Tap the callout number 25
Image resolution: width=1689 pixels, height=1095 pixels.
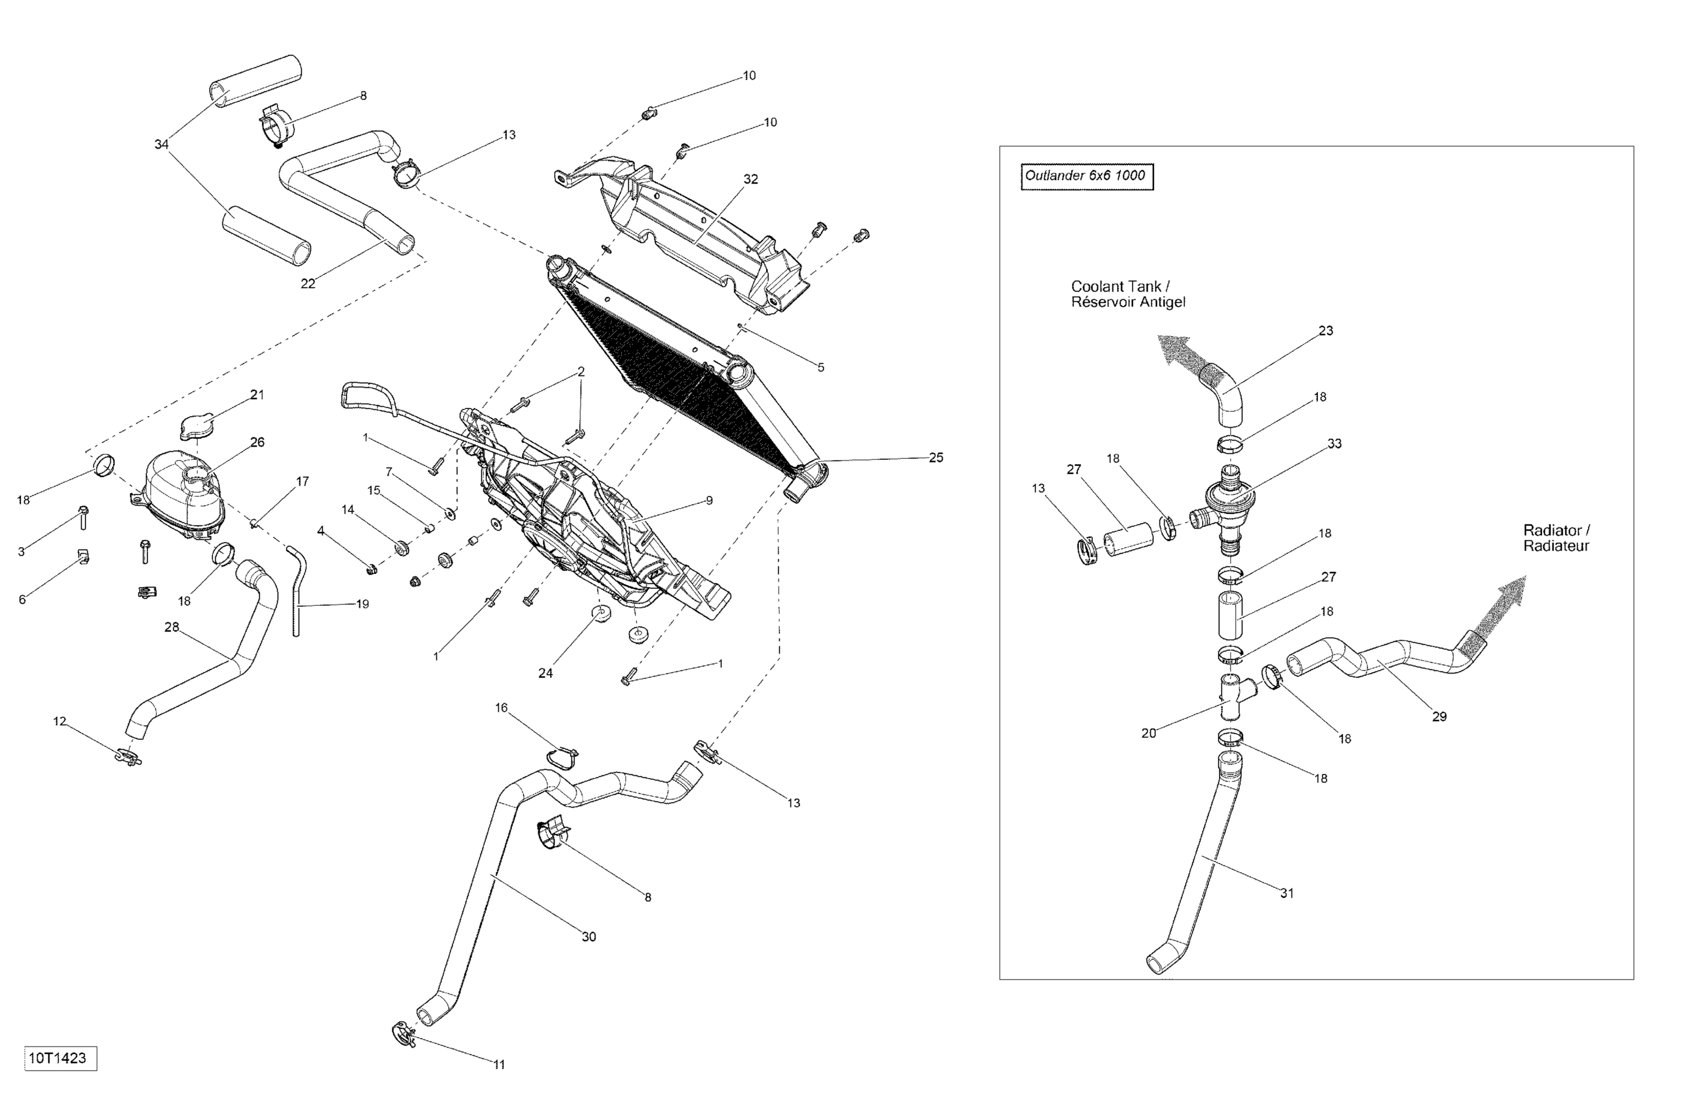click(936, 458)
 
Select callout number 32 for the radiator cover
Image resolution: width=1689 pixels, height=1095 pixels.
click(751, 180)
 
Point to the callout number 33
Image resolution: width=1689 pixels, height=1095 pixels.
click(1334, 444)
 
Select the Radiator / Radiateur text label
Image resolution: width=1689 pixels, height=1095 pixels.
click(1556, 538)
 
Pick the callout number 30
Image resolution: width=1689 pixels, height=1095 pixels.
click(589, 937)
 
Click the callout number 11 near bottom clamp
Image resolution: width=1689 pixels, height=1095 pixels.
click(499, 1065)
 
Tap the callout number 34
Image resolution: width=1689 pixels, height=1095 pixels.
click(162, 145)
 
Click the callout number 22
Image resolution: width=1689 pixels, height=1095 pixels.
click(308, 284)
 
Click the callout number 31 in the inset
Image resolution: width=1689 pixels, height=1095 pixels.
click(1288, 893)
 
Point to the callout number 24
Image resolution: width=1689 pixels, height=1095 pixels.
click(545, 673)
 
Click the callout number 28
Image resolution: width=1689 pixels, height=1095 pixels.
click(172, 627)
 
